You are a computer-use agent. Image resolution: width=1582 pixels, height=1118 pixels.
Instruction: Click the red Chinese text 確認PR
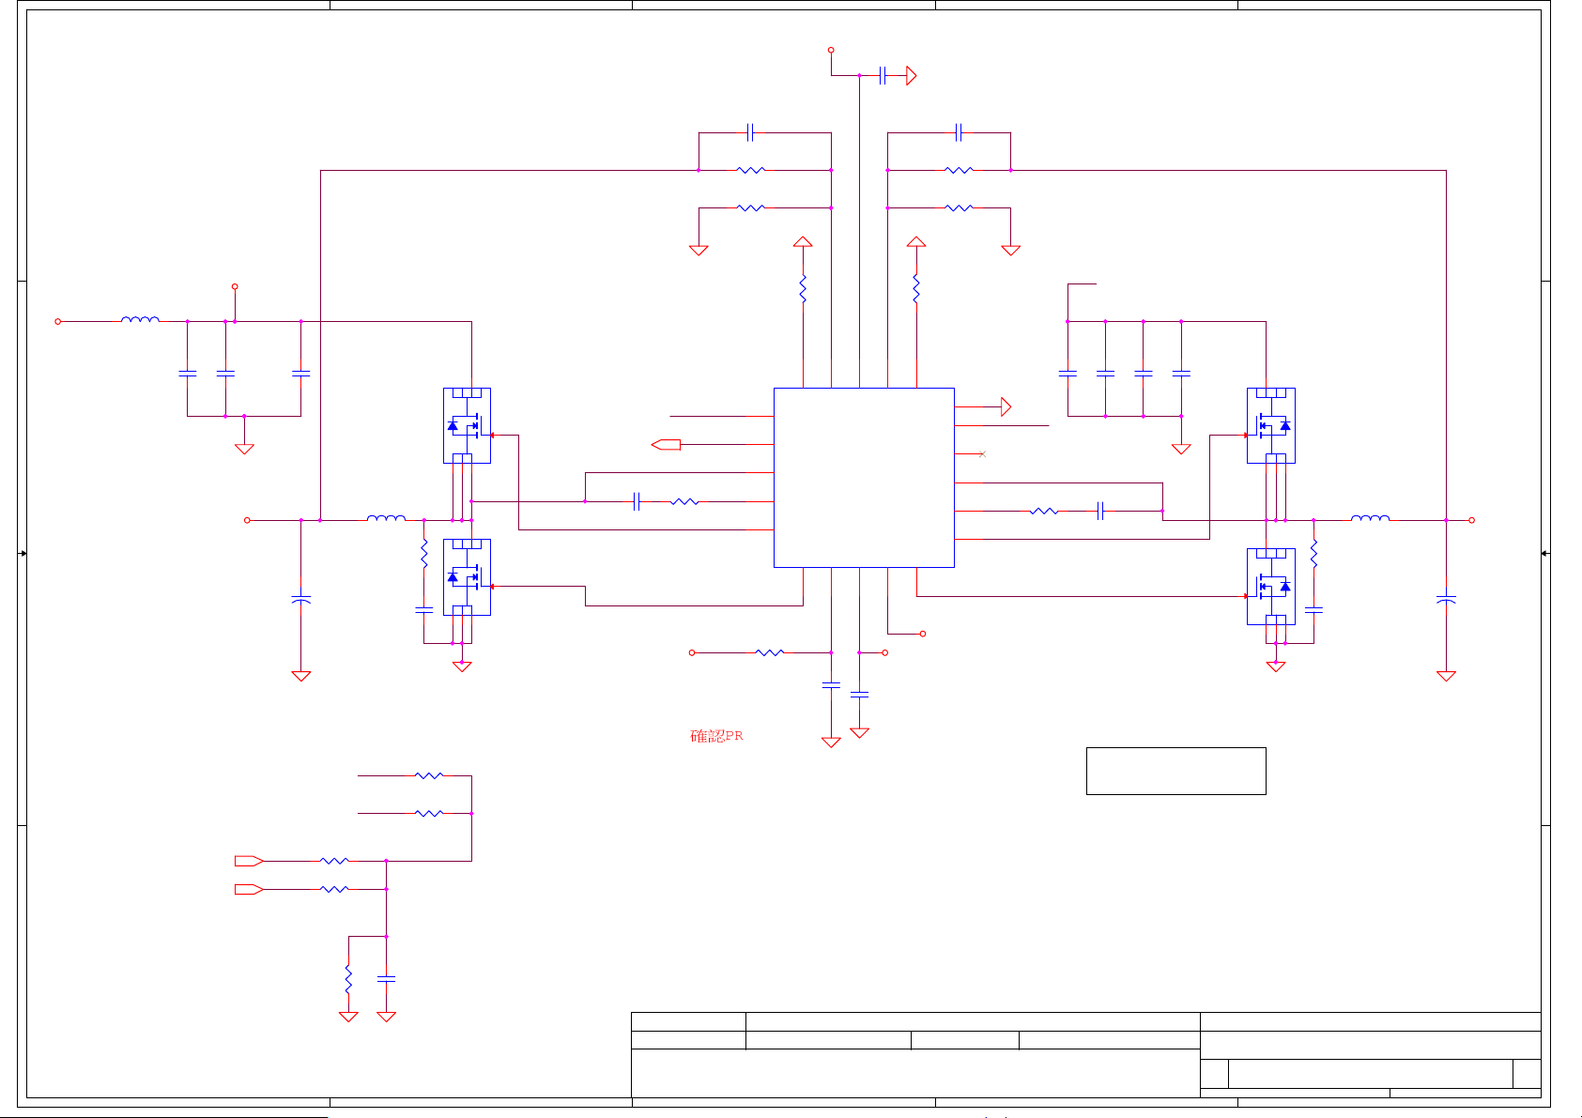(716, 736)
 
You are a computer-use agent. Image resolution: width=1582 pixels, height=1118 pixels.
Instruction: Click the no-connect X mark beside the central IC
(982, 454)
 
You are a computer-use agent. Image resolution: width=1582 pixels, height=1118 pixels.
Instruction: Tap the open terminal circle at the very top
(831, 50)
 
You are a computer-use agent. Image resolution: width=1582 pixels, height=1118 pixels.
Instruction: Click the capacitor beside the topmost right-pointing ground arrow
(883, 76)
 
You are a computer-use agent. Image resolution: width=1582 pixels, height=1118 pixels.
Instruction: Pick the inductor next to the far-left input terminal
(140, 319)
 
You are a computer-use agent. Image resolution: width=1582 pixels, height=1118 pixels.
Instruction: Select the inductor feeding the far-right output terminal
(1370, 518)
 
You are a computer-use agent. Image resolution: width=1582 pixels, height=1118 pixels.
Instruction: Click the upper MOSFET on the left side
(467, 426)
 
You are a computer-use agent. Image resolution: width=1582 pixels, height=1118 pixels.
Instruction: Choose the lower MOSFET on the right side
(1271, 586)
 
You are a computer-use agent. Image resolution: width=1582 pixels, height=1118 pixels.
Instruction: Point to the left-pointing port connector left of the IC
(666, 444)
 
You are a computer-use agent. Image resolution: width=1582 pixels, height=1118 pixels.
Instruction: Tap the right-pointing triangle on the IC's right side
(1006, 406)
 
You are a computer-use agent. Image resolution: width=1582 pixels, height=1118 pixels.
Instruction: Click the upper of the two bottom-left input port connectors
(249, 861)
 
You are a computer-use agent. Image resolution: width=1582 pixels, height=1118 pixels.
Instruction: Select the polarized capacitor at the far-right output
(1447, 599)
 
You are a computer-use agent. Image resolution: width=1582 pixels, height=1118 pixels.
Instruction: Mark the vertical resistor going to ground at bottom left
(348, 979)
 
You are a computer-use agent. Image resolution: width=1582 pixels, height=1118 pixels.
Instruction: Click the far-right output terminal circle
(1472, 520)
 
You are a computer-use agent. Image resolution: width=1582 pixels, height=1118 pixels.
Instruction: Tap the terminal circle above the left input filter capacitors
(235, 286)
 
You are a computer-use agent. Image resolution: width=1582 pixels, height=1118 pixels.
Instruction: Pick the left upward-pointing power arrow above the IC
(803, 241)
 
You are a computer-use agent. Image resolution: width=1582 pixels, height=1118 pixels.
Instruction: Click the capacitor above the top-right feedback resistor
(959, 132)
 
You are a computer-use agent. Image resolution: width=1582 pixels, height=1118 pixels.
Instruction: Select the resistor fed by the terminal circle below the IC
(770, 652)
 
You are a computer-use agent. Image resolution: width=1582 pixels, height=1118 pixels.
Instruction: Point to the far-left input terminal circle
(58, 321)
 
